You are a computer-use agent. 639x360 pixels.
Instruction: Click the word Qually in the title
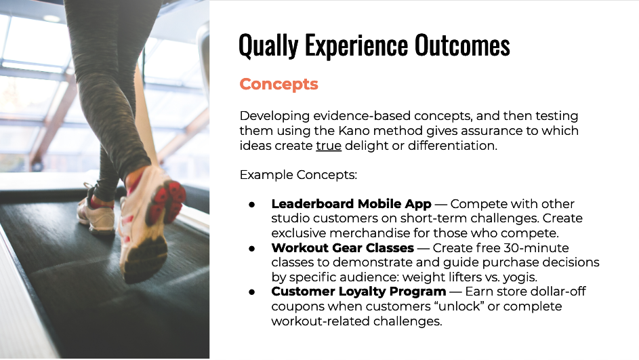(268, 46)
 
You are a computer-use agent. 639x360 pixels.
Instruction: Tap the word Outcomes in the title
(462, 45)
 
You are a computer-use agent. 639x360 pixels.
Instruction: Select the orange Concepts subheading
(279, 84)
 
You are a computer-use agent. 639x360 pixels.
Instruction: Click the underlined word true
(329, 146)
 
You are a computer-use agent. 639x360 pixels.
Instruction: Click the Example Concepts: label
(298, 175)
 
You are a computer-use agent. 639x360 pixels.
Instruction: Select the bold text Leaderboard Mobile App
(351, 203)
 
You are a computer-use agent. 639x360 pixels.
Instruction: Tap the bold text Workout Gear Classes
(343, 247)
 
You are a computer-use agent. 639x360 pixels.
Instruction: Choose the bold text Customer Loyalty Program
(358, 292)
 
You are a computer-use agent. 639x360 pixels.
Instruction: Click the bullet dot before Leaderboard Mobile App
(252, 204)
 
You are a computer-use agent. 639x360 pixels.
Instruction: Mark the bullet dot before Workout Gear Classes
(252, 248)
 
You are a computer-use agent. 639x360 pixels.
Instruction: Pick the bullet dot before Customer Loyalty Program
(252, 292)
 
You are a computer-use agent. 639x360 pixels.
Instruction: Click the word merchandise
(369, 233)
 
